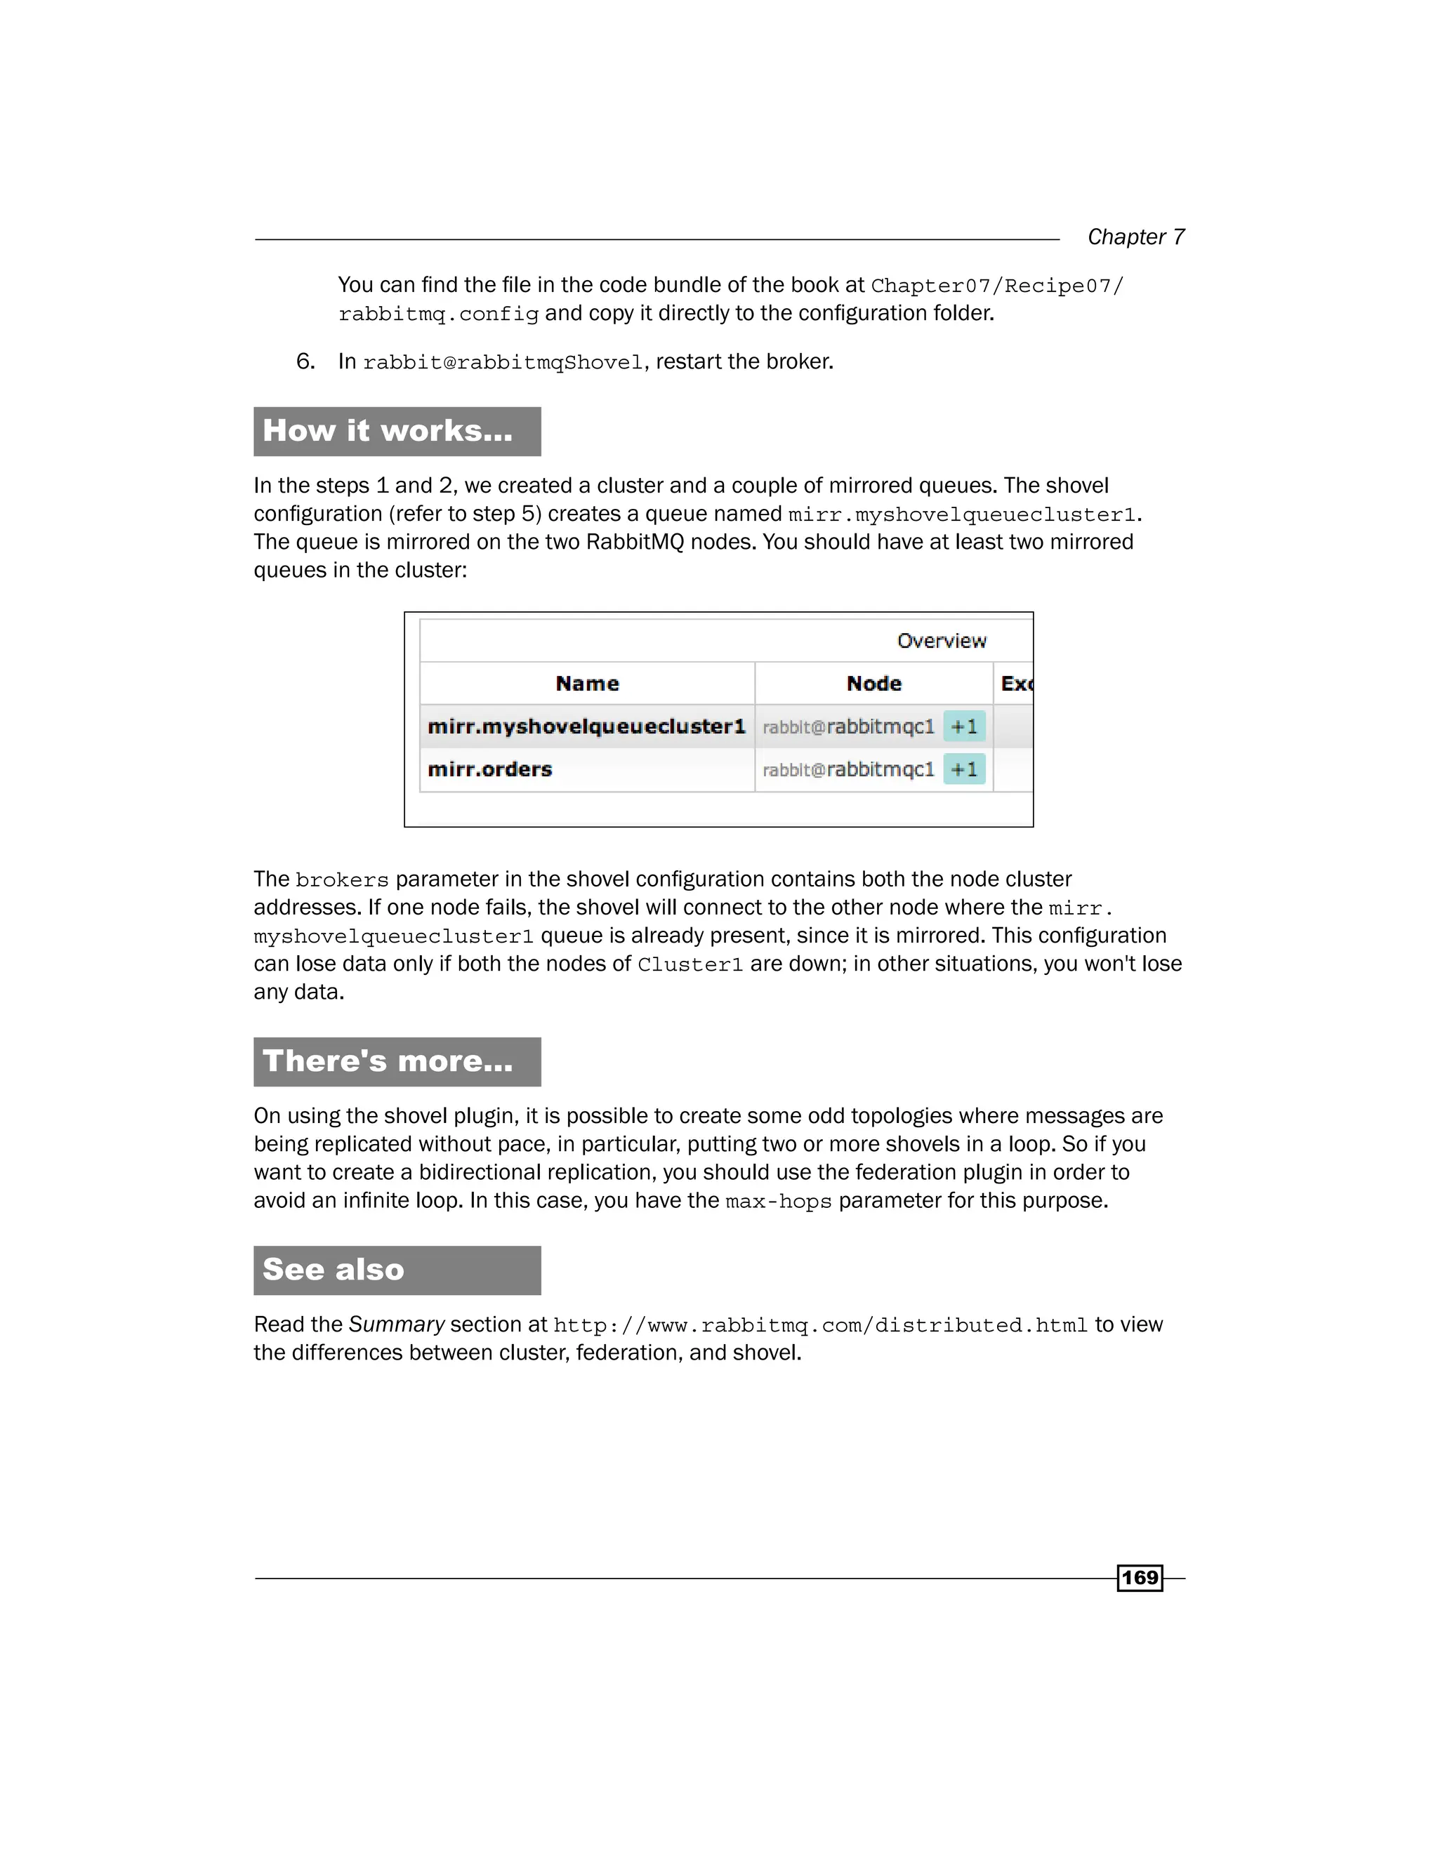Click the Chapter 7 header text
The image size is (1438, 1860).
coord(1135,237)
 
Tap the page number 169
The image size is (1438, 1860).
coord(1140,1577)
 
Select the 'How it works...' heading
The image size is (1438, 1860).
coord(388,431)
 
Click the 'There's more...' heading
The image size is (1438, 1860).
coord(388,1061)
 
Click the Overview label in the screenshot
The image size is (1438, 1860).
coord(942,640)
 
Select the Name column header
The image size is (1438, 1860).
coord(587,683)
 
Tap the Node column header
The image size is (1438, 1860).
coord(874,683)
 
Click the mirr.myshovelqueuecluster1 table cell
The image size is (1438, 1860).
coord(586,726)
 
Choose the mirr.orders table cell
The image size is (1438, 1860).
coord(490,769)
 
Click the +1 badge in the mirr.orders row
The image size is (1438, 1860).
coord(964,769)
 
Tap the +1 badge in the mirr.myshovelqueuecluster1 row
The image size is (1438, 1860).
coord(964,726)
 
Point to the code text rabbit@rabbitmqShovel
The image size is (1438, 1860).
coord(503,363)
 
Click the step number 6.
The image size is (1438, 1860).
coord(305,361)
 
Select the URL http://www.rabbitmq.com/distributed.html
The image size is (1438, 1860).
coord(820,1326)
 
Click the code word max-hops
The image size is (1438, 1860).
coord(778,1202)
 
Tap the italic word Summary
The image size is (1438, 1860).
coord(396,1324)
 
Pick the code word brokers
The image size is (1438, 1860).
coord(342,879)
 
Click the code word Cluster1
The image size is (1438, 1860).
coord(690,965)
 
